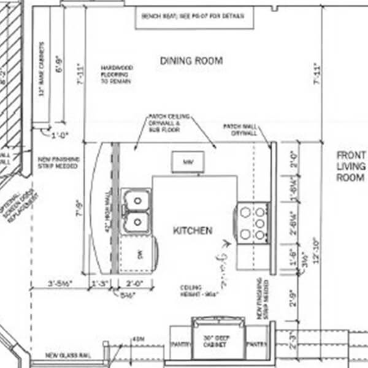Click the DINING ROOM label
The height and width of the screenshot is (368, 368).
point(191,61)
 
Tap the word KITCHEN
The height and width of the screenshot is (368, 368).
point(193,231)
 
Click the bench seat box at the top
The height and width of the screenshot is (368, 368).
point(194,17)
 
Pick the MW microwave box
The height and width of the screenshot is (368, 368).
point(187,163)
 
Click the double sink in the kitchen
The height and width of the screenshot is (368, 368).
point(136,211)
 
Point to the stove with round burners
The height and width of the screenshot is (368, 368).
point(253,223)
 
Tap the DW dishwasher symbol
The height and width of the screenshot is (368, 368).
point(139,254)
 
